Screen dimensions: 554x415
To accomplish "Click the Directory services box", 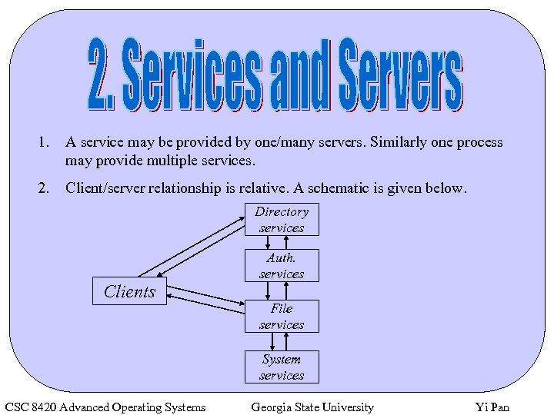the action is pyautogui.click(x=282, y=220).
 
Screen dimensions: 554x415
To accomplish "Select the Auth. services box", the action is pyautogui.click(x=282, y=266).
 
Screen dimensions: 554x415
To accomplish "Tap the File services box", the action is pyautogui.click(x=282, y=317).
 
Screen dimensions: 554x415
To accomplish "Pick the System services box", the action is pyautogui.click(x=282, y=367).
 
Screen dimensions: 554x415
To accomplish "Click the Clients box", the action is pyautogui.click(x=129, y=291).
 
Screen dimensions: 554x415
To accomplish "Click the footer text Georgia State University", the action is pyautogui.click(x=312, y=407).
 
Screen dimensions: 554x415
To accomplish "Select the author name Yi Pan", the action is pyautogui.click(x=492, y=407).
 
